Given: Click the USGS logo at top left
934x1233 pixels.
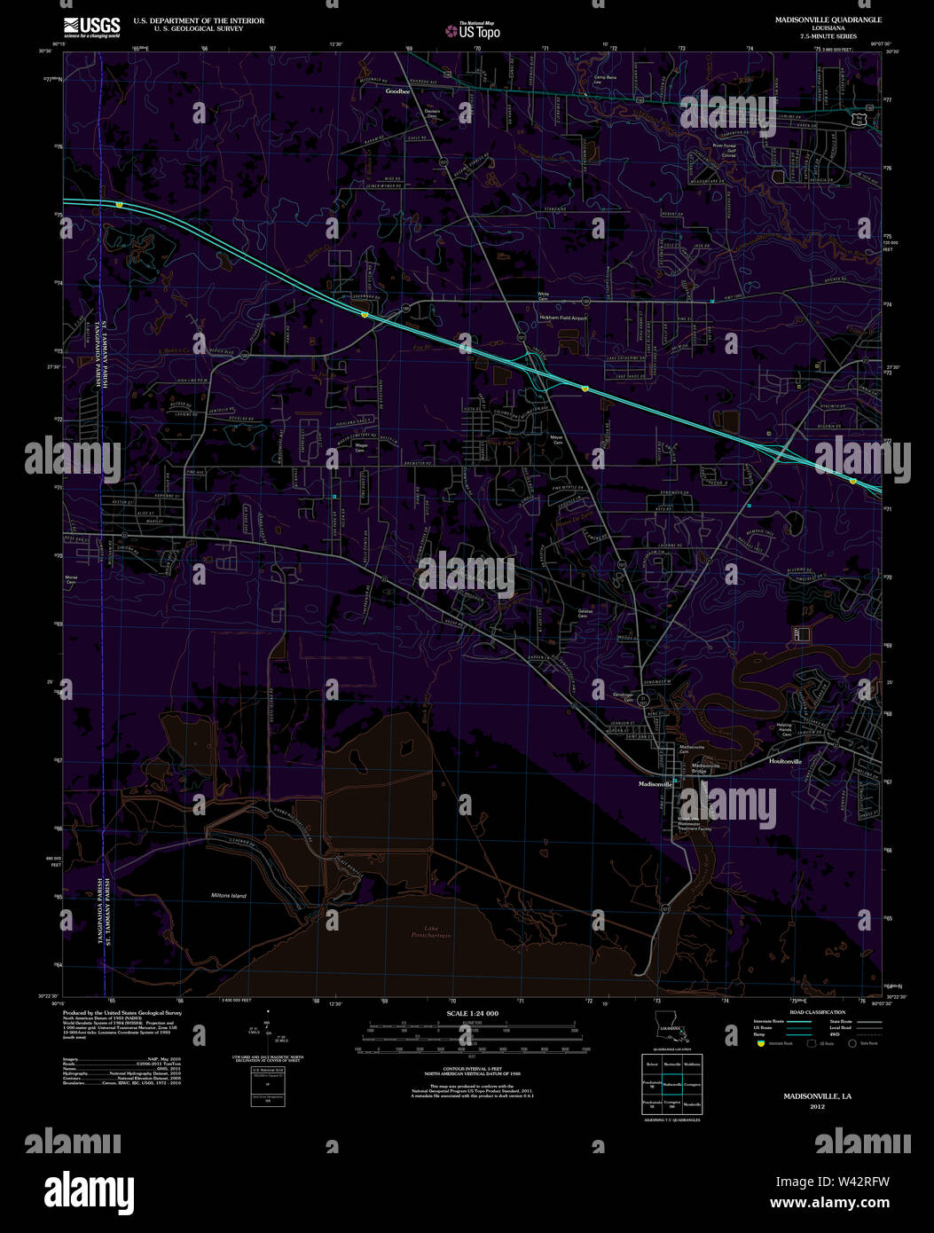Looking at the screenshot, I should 91,27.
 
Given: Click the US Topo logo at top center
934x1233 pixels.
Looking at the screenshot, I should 474,30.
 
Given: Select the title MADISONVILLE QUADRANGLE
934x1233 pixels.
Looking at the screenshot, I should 815,20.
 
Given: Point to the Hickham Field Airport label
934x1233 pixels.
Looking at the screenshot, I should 563,318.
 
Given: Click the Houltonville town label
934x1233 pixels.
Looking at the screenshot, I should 785,761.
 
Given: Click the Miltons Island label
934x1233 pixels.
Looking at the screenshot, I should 229,896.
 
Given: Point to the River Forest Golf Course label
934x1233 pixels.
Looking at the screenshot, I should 725,152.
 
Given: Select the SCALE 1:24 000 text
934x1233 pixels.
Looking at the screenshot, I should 472,1013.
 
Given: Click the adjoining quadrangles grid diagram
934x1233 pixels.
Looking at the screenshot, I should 671,1083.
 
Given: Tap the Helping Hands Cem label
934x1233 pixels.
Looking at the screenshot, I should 785,730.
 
